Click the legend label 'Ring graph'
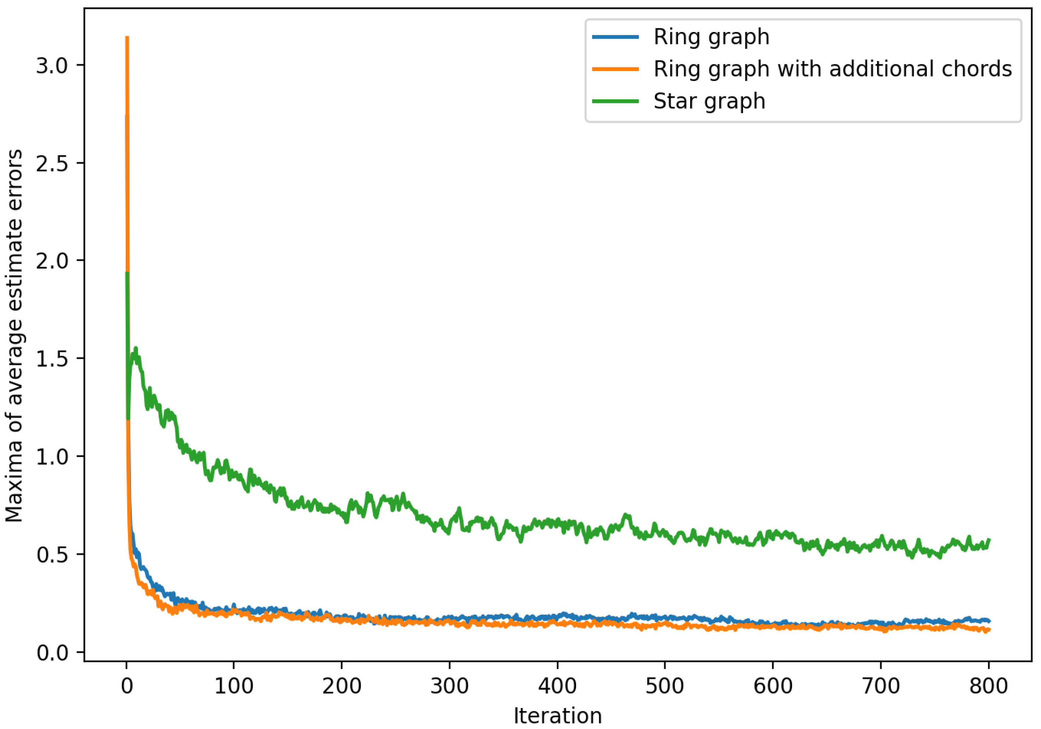[711, 37]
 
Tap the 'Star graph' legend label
[709, 101]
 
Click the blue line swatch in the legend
[615, 37]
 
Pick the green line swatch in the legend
[615, 101]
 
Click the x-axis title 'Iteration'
[557, 716]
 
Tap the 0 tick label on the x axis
[127, 686]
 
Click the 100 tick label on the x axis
[234, 686]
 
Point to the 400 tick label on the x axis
[557, 686]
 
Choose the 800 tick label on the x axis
[988, 686]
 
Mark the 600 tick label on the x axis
[773, 686]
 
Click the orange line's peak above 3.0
[127, 37]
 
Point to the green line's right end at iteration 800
[989, 540]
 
